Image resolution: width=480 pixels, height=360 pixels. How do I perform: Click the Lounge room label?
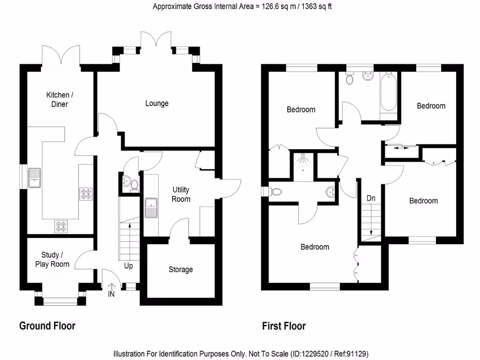157,103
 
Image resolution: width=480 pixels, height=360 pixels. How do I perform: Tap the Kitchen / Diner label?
60,99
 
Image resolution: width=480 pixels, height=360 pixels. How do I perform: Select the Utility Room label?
181,195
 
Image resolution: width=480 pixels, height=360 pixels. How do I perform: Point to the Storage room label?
180,270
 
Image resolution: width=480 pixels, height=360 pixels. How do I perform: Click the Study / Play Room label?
52,259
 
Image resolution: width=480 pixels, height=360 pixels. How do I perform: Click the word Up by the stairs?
128,266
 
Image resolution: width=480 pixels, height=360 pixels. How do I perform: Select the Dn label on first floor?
371,198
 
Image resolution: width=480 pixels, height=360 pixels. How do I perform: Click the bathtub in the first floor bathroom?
389,91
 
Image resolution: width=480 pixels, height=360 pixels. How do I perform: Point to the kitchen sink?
34,178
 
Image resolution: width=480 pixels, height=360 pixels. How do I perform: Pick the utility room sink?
151,208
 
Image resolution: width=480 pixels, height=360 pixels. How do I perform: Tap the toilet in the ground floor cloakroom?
134,186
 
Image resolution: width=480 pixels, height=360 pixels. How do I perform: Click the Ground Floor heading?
47,326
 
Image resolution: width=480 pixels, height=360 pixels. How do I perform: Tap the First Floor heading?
284,326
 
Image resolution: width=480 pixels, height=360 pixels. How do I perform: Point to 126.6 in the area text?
270,7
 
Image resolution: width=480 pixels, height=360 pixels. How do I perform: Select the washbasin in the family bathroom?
367,75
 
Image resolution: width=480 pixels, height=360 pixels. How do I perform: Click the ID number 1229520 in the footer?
313,354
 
